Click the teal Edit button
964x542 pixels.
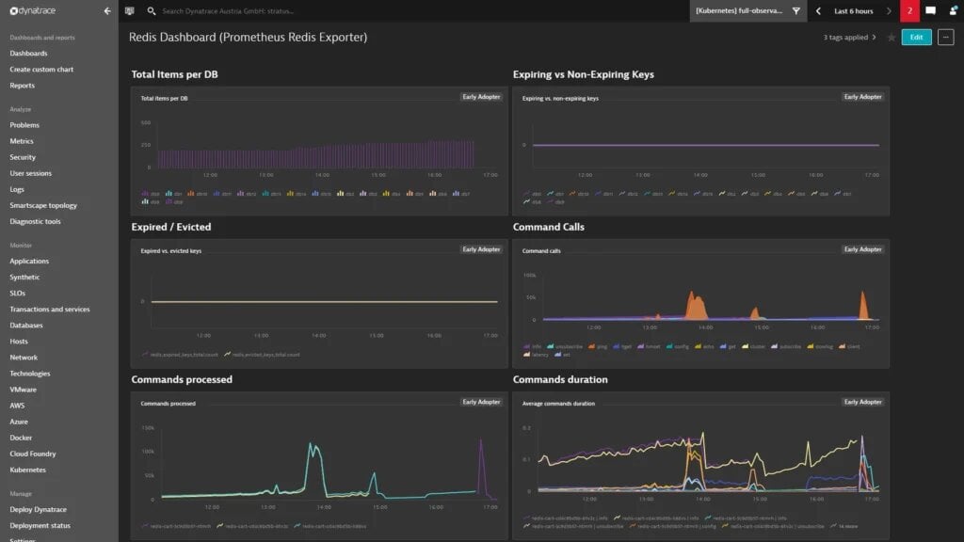[916, 38]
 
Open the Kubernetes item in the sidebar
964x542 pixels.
[27, 470]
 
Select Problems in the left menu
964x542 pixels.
[24, 125]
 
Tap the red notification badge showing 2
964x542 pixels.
[909, 11]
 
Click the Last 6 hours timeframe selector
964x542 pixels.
[853, 11]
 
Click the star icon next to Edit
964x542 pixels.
[892, 38]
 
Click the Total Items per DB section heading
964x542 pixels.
[175, 74]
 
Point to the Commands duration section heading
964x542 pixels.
[560, 379]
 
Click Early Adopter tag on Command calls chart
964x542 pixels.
[863, 249]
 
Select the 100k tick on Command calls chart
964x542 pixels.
[530, 276]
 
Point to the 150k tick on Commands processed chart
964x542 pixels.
[148, 427]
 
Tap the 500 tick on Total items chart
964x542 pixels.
[146, 123]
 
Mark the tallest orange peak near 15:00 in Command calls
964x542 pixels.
[697, 299]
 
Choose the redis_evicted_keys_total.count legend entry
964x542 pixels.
[265, 355]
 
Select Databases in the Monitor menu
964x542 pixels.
[26, 326]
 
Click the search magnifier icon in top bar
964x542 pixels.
[152, 11]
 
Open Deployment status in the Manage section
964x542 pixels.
[40, 525]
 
